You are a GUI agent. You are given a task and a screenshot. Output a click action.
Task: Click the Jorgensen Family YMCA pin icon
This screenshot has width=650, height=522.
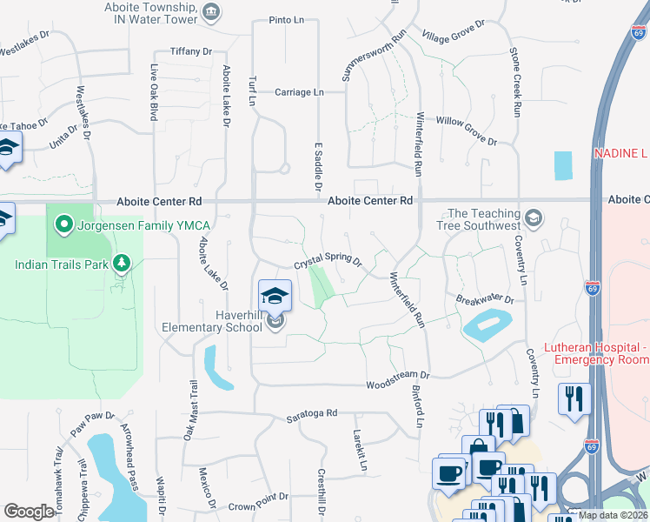(x=63, y=226)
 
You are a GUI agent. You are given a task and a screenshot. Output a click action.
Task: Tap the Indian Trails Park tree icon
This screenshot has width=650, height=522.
(x=121, y=263)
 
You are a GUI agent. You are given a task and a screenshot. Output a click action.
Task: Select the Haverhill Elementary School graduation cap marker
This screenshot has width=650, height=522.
(x=275, y=295)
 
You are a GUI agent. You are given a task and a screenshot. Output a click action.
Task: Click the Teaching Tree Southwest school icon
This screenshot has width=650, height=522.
(x=534, y=217)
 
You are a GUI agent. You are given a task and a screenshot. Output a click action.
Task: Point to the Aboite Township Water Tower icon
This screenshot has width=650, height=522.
(x=211, y=11)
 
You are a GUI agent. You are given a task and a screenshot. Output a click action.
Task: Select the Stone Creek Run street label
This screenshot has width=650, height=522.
(x=516, y=84)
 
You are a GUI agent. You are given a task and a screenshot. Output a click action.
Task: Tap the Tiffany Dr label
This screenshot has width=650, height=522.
(x=191, y=51)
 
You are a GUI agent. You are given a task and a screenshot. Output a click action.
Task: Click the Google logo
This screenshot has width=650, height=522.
(x=29, y=512)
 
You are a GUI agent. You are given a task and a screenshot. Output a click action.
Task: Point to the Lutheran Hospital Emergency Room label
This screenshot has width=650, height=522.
(x=596, y=353)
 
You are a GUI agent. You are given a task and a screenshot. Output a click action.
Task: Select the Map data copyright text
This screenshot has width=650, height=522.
(x=612, y=515)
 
